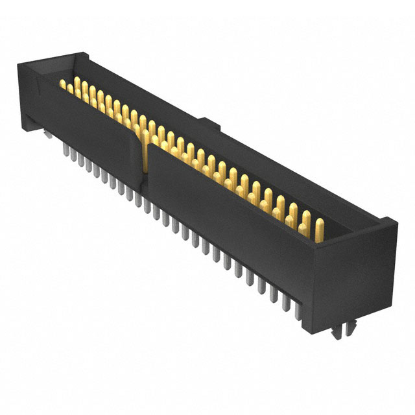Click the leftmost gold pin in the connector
[64, 84]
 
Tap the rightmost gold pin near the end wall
[319, 229]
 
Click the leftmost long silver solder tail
[65, 152]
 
